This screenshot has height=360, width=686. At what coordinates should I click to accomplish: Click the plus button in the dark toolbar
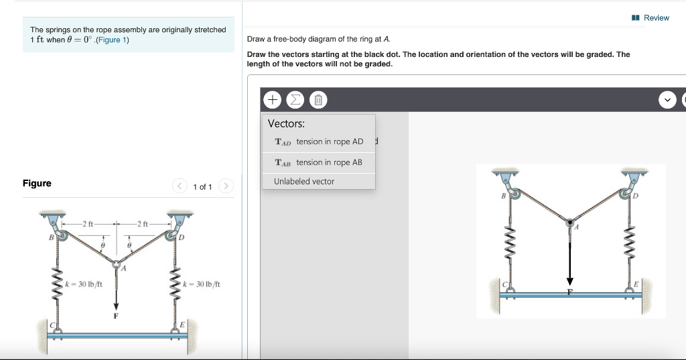(x=273, y=101)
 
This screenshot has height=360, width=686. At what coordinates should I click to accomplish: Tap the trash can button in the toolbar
(x=318, y=101)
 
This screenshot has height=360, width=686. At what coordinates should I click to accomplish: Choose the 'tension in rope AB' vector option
(x=318, y=162)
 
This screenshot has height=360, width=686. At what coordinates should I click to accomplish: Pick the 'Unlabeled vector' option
(x=304, y=182)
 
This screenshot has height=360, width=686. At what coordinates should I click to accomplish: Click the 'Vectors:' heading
(x=286, y=123)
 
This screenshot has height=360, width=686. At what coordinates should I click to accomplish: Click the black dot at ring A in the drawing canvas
(x=570, y=223)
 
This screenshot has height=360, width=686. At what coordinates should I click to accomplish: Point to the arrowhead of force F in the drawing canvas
(x=570, y=281)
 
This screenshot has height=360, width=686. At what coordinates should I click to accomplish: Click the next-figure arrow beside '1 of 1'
(x=226, y=186)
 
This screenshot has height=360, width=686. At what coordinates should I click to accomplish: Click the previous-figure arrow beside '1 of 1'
(x=180, y=186)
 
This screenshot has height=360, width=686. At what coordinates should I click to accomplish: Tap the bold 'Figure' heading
(x=37, y=183)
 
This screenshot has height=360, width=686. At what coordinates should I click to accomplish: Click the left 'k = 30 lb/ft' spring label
(x=83, y=284)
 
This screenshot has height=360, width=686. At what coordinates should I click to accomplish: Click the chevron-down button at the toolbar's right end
(x=667, y=101)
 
